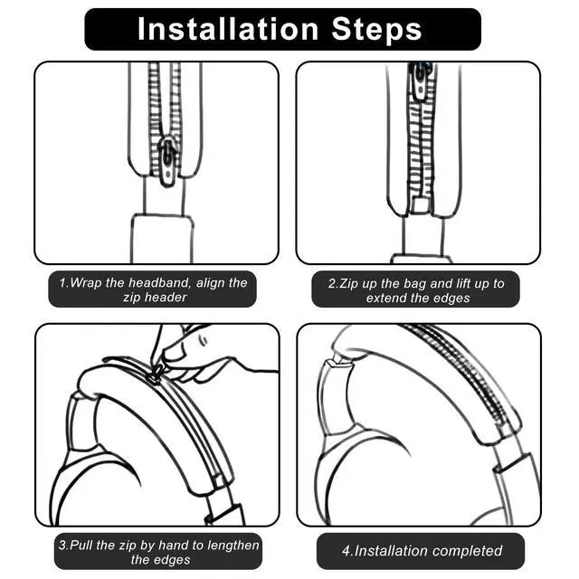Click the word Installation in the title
click(228, 29)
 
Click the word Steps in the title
click(376, 30)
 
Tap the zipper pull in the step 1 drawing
click(166, 161)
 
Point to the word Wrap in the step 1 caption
click(86, 283)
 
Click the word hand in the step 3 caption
click(174, 545)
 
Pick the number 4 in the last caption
click(346, 551)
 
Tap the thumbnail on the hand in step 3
click(203, 339)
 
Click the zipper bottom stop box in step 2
click(419, 205)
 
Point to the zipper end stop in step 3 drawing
click(219, 480)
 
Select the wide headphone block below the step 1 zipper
click(162, 238)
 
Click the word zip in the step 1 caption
click(131, 298)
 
